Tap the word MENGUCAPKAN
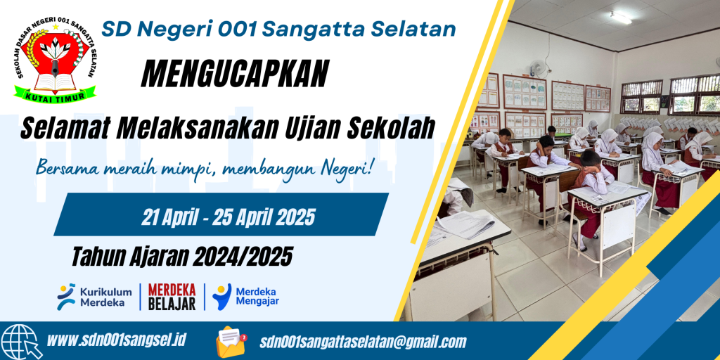click(235, 73)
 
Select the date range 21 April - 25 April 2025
click(229, 217)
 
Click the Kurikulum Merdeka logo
click(95, 297)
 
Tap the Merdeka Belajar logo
click(172, 297)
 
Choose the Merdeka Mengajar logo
click(245, 296)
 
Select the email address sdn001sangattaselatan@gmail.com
click(363, 342)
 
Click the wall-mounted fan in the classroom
click(536, 68)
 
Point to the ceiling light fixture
click(620, 18)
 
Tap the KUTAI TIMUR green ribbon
click(55, 94)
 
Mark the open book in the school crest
click(55, 81)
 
